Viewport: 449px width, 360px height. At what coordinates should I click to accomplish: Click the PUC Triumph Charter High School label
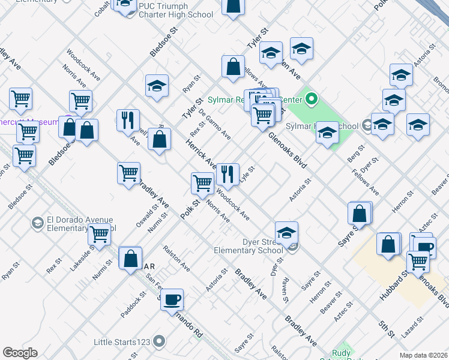point(175,10)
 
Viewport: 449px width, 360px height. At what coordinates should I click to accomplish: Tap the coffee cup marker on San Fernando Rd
point(172,299)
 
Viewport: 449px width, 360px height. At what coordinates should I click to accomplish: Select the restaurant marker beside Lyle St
point(228,175)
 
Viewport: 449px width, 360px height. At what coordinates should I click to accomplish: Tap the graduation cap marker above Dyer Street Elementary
point(287,232)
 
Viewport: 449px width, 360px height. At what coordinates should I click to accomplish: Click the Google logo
point(20,352)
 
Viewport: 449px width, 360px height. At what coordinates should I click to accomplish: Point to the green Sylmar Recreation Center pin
point(311,98)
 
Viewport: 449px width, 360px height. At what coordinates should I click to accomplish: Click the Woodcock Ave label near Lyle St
point(234,204)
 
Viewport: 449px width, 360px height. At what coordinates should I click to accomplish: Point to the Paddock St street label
point(133,305)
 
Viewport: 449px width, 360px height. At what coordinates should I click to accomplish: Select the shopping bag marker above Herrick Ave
point(159,140)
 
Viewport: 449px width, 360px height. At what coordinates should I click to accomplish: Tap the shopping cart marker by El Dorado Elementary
point(99,235)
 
